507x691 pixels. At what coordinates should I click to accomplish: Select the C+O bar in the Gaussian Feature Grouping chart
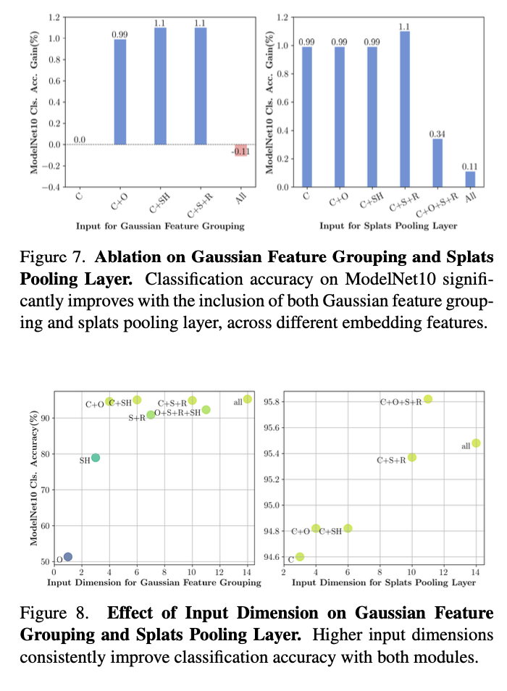(120, 92)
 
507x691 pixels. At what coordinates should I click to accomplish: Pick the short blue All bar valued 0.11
(471, 179)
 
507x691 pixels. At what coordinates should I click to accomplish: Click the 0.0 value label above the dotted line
(80, 140)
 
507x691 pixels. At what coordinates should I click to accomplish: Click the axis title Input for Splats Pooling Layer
(388, 226)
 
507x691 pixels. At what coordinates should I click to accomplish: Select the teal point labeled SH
(96, 458)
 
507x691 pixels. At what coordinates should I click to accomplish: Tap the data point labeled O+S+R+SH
(206, 410)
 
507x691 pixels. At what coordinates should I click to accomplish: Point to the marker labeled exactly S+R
(151, 415)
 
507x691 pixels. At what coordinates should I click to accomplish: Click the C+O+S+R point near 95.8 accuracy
(428, 399)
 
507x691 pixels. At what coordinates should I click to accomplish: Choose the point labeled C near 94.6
(300, 557)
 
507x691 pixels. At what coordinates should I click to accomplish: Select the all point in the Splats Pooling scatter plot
(476, 443)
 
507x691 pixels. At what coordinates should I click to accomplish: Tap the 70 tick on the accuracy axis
(48, 490)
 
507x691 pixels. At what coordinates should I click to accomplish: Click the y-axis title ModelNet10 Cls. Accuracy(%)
(34, 479)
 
